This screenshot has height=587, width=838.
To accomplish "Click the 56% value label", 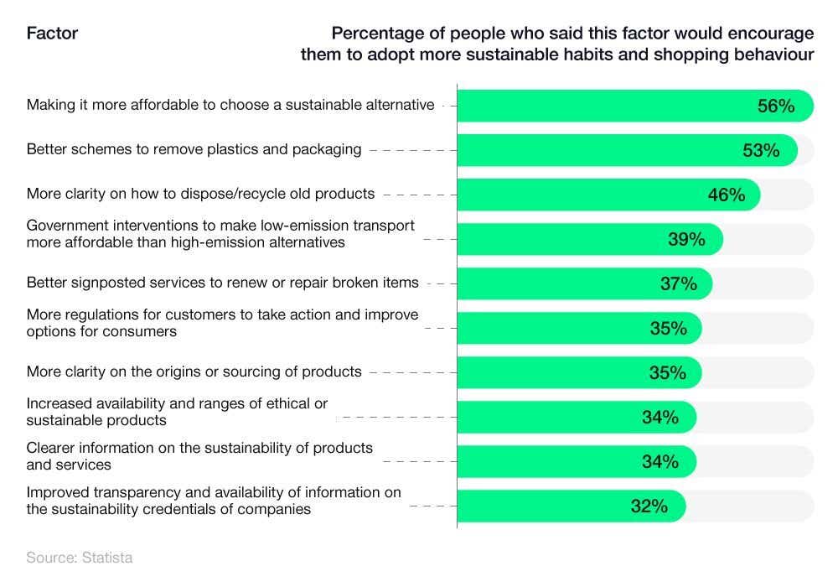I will coord(775,106).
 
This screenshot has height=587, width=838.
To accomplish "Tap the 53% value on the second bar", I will coord(761,150).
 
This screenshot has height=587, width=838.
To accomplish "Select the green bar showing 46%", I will coord(587,195).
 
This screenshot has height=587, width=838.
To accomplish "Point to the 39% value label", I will coord(686,239).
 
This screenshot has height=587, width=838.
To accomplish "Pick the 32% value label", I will coord(649,506).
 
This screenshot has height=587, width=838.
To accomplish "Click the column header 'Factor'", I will coord(52,34).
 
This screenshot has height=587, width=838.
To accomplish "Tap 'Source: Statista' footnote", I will coord(79,558).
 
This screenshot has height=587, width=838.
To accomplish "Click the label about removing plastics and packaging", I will coord(194,149).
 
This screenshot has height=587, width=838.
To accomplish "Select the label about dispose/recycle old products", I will coord(200,194).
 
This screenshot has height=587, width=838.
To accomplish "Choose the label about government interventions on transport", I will coord(220,233).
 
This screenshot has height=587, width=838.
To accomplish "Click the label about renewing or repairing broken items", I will coord(222,283).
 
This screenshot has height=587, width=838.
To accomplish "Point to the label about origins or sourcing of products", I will coord(194,371).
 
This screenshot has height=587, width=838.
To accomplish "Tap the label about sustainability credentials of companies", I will coord(214,501).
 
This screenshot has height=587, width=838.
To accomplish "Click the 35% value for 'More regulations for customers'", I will coord(668,328).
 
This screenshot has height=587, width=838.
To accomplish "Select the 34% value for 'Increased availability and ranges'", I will coord(660,417).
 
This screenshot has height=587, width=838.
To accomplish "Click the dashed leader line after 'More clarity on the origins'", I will coord(410,372).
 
